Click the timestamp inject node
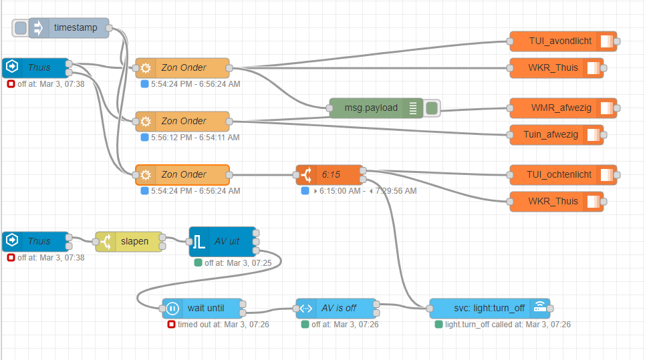pos(75,28)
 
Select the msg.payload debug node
pos(370,108)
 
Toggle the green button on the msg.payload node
pos(432,108)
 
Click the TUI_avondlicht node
pos(560,41)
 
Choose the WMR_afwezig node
pos(560,108)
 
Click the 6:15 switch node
pos(330,175)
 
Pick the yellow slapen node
pos(134,242)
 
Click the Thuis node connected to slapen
pos(37,242)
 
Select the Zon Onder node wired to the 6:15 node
pos(182,175)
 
